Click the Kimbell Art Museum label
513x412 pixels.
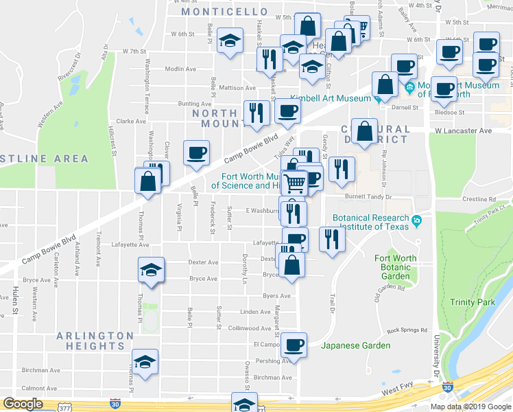click(x=330, y=98)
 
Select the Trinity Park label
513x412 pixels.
click(x=472, y=302)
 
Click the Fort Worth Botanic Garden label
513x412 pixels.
click(x=395, y=267)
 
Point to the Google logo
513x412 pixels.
click(x=23, y=404)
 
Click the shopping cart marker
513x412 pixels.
click(x=295, y=183)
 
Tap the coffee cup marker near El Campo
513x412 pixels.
click(x=294, y=344)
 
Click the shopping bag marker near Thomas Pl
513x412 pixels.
click(x=147, y=181)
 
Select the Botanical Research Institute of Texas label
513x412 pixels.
click(x=371, y=222)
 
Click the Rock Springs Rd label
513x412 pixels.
click(x=407, y=330)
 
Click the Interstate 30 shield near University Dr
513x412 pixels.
click(x=448, y=387)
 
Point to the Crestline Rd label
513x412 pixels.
click(x=485, y=199)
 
